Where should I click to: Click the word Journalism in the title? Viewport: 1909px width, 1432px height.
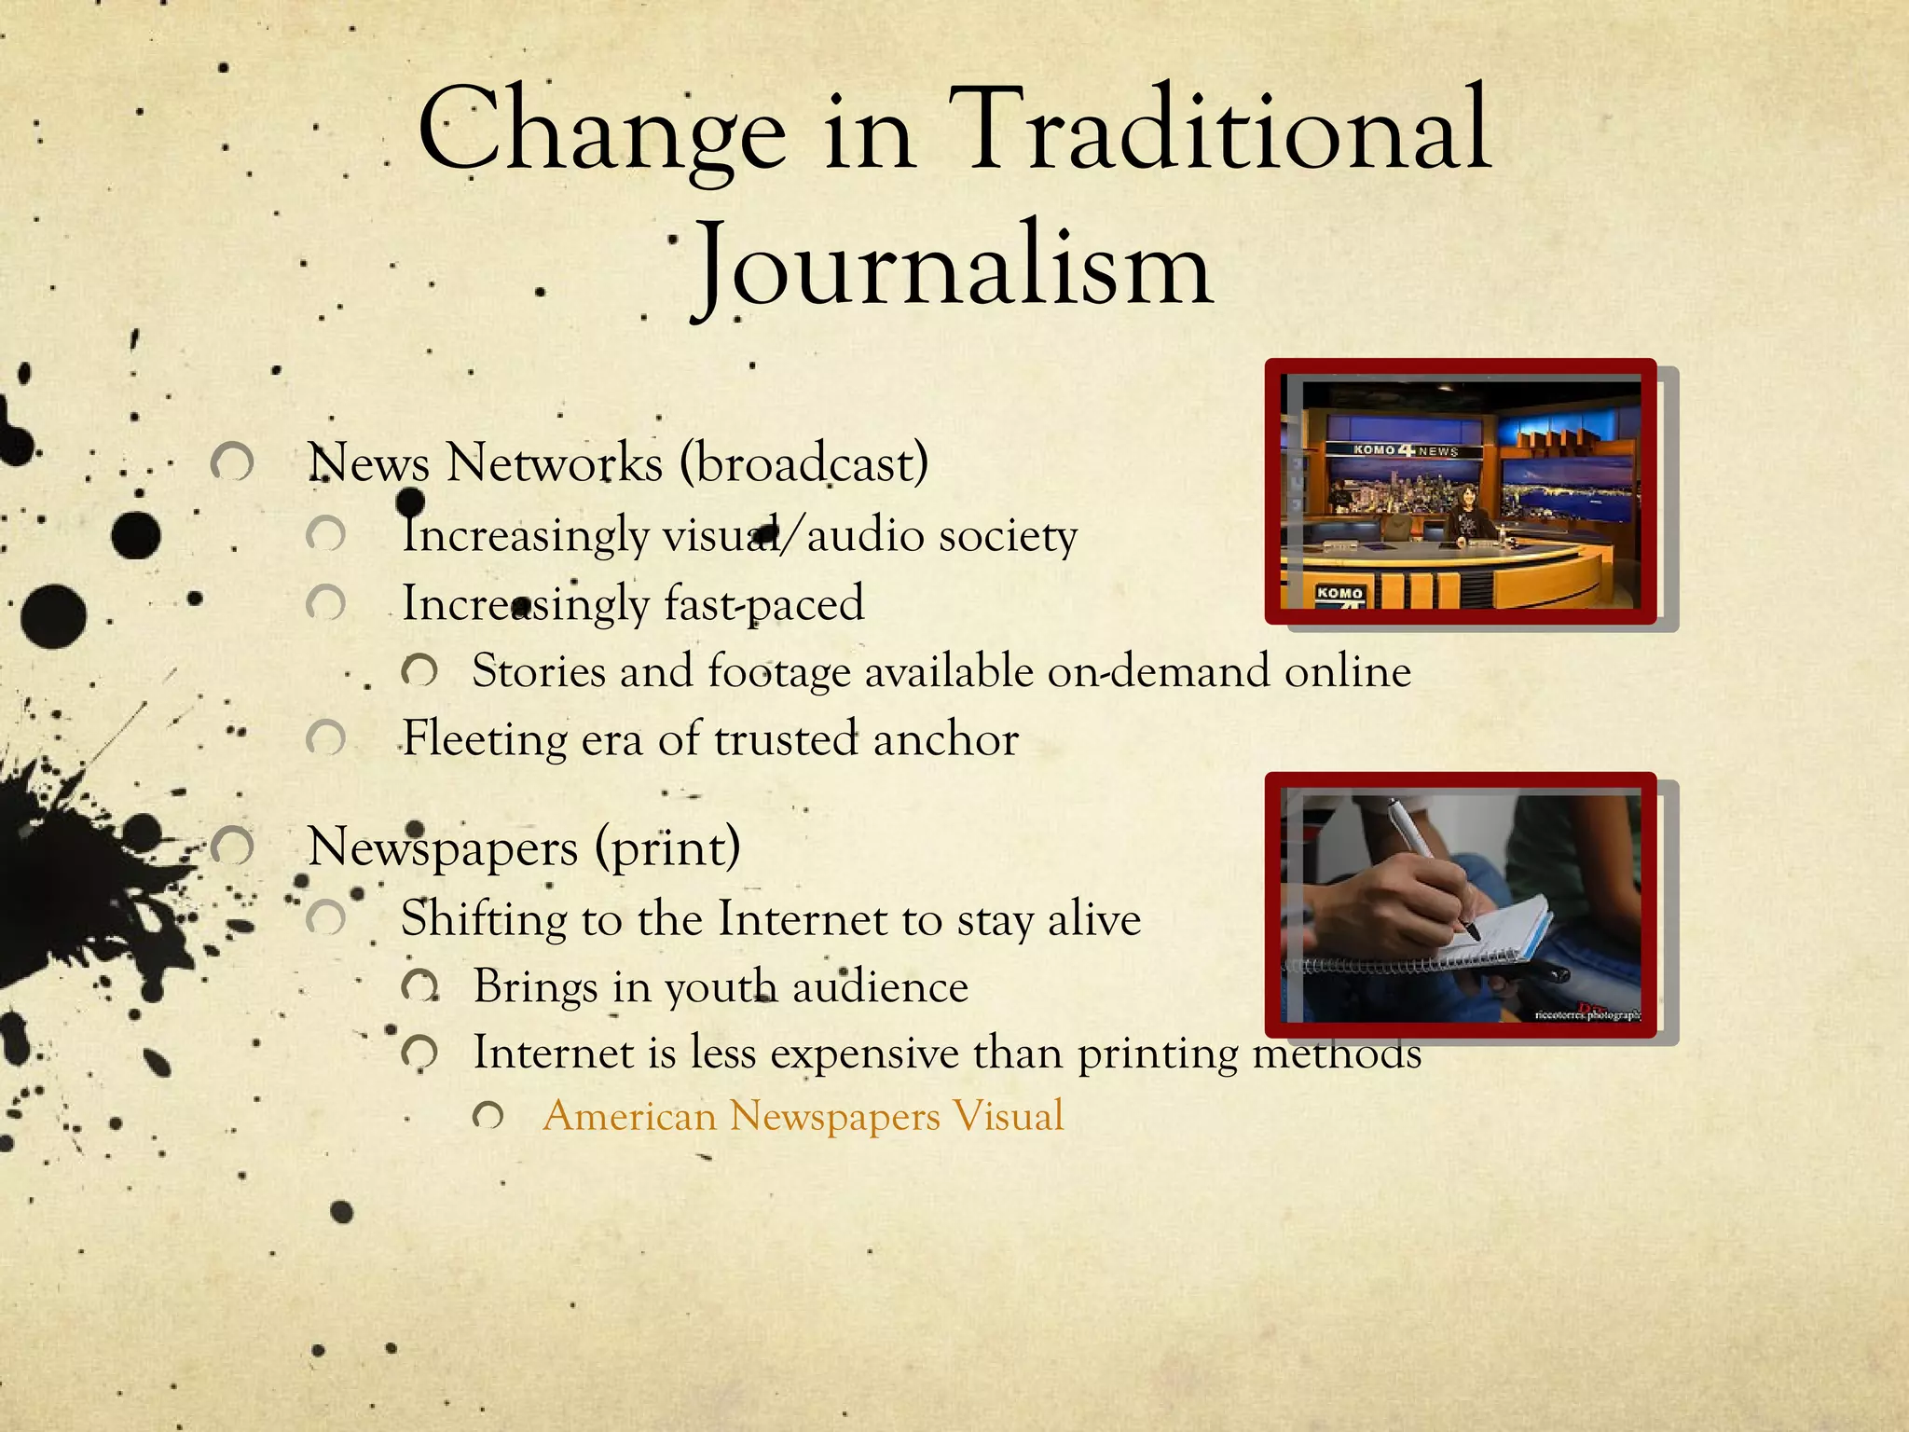953,266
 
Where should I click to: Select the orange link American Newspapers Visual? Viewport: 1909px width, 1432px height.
803,1116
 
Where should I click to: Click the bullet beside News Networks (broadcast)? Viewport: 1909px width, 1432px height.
232,462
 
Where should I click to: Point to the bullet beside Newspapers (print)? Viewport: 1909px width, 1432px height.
232,847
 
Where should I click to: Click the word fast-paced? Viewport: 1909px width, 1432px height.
763,603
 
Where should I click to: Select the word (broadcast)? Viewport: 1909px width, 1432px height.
803,463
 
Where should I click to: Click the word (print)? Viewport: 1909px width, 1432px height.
667,847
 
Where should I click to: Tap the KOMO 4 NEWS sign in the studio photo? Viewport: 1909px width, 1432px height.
1405,450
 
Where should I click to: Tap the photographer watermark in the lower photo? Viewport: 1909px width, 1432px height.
1587,1014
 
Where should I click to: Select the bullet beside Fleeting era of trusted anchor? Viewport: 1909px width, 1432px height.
325,739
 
